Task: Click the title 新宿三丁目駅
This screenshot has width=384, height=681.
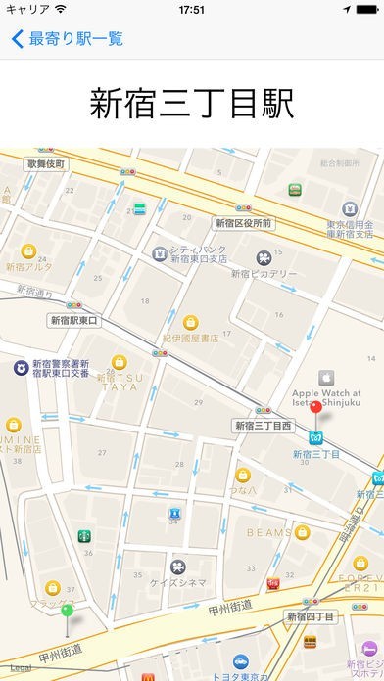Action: [x=192, y=104]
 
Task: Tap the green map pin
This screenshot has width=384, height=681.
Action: [x=67, y=612]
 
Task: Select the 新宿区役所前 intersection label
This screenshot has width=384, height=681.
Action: [x=244, y=223]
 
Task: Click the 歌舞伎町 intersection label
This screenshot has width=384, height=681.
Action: [x=46, y=163]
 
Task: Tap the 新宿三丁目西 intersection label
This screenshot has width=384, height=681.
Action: [x=264, y=426]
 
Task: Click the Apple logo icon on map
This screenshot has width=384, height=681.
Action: [x=323, y=376]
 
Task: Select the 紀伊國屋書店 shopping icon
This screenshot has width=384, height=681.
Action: [x=192, y=321]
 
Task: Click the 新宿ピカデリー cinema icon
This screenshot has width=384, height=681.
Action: [x=264, y=257]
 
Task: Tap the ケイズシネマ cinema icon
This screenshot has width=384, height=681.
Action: [x=178, y=567]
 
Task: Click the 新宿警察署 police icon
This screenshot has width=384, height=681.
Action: [x=19, y=367]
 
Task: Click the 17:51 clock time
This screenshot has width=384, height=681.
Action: [x=192, y=9]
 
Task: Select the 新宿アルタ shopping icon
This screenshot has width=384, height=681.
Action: [x=28, y=250]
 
